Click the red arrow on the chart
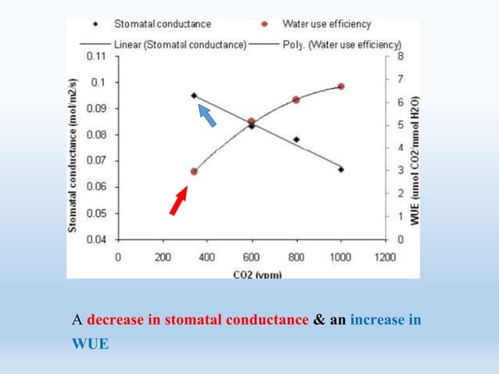[179, 200]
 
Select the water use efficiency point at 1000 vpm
[341, 86]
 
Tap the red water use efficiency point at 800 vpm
[296, 100]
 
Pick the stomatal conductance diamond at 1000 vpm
[341, 169]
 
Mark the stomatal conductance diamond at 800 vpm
[296, 139]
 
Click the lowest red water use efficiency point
[194, 171]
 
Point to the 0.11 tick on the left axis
[96, 56]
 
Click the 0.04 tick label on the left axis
[96, 239]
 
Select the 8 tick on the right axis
[400, 56]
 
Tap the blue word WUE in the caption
[89, 343]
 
